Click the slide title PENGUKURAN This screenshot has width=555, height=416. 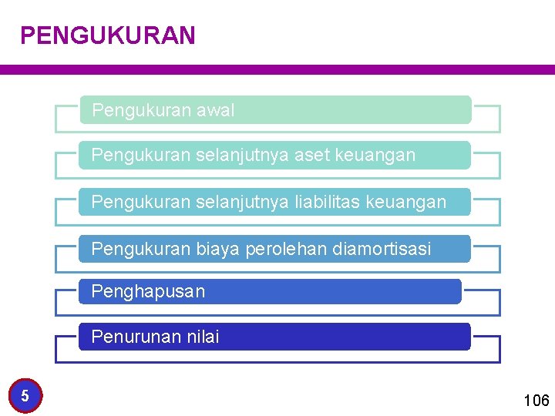tap(108, 35)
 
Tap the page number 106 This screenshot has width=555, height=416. tap(536, 400)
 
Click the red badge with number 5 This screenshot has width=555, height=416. tap(25, 396)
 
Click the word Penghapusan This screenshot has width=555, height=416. tap(148, 292)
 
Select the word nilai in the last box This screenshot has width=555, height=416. tap(202, 337)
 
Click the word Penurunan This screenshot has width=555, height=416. tap(136, 337)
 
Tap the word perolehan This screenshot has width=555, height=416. tap(286, 249)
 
